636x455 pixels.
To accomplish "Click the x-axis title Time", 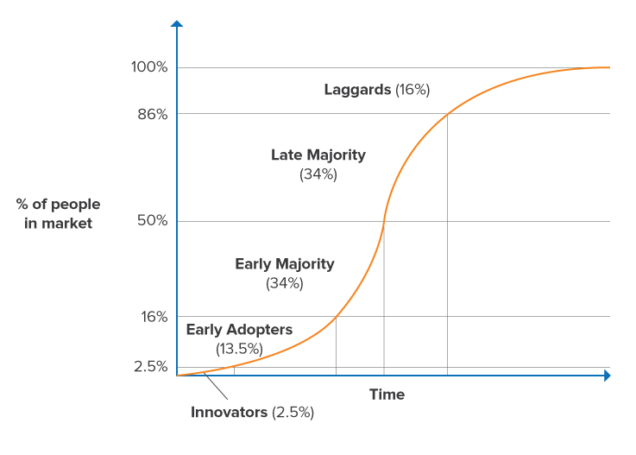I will [x=387, y=395].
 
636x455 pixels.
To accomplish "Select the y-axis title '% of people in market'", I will [x=58, y=214].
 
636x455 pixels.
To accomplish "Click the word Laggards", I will [x=357, y=90].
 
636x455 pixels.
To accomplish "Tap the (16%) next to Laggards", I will [x=412, y=90].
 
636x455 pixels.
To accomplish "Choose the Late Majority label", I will [x=318, y=155].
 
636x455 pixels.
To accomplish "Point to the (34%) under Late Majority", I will [x=318, y=174].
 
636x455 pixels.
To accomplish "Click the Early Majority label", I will [x=285, y=264].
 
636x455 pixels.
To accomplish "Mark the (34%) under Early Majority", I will [x=285, y=283].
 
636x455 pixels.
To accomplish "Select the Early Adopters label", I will [x=239, y=330].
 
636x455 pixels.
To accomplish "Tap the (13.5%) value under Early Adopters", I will [x=239, y=349].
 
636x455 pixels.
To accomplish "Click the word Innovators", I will [x=229, y=413].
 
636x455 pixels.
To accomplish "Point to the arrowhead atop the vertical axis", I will [x=177, y=24].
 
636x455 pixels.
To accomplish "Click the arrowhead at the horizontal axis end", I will [x=607, y=376].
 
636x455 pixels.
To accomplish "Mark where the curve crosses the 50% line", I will [x=383, y=221].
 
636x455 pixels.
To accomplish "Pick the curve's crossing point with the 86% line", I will [x=447, y=114].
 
